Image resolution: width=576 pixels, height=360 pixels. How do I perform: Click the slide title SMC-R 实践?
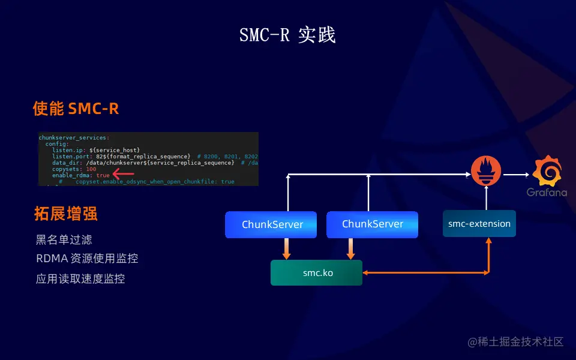coord(287,35)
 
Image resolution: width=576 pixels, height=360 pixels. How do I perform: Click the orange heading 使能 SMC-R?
coord(76,109)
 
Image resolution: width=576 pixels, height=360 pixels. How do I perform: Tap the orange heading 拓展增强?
coord(65,214)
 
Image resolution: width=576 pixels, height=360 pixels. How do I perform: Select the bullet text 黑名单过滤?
coord(64,240)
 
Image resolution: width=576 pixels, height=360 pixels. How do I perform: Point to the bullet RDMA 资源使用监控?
coord(86,259)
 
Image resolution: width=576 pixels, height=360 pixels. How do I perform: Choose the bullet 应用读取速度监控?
coord(80,278)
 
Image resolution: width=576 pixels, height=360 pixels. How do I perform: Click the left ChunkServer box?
coord(272,224)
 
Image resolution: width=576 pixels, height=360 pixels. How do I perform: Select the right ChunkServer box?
coord(373,224)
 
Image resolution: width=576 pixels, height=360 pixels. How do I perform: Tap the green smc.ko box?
coord(317,272)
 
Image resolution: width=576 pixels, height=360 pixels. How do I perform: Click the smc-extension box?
coord(479,224)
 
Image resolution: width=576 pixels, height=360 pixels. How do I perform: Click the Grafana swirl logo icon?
coord(547,171)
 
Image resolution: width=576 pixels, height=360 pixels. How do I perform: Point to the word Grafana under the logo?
coord(547,193)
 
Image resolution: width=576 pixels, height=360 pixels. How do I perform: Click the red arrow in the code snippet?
coord(123,175)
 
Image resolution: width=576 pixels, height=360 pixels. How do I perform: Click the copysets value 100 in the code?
coord(91,169)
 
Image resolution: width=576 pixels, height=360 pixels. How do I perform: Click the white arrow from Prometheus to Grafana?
coord(515,175)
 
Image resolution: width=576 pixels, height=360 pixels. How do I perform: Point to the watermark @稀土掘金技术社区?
coord(515,342)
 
